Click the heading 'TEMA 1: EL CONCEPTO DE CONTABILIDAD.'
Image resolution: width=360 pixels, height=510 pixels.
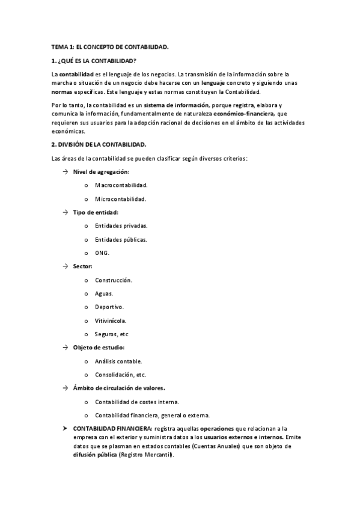[x=110, y=46]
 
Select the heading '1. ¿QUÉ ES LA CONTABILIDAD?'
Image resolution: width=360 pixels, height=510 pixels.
[x=94, y=61]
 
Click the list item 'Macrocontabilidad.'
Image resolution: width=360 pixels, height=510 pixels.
[x=121, y=185]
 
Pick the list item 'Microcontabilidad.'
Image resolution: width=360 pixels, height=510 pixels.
[x=120, y=199]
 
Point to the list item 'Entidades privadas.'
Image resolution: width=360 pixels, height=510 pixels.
[x=121, y=226]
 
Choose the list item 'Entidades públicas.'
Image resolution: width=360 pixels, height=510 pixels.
[x=121, y=239]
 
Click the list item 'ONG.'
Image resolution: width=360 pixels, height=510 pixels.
[x=102, y=253]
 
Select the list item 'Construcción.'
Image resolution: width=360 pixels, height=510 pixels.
[x=114, y=280]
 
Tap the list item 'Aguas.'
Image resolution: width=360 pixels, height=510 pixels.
[x=104, y=293]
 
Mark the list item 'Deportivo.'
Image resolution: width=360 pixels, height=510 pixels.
[x=109, y=307]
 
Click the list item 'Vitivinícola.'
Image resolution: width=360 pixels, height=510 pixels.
[x=111, y=321]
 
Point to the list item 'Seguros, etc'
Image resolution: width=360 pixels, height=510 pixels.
[x=111, y=334]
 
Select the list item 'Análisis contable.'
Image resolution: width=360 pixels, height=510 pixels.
[x=118, y=361]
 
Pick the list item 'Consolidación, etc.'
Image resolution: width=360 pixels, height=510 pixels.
[x=120, y=375]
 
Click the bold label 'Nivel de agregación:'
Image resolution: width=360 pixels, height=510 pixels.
[x=101, y=172]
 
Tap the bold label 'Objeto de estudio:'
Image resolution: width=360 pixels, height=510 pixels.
[x=98, y=348]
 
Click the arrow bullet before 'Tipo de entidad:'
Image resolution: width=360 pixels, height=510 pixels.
[x=65, y=212]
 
